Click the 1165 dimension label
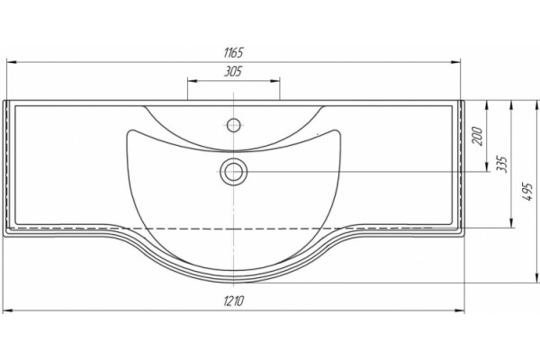[233, 53]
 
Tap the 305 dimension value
[233, 72]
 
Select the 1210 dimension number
[234, 301]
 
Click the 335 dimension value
[502, 165]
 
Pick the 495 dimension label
[527, 193]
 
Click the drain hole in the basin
[234, 172]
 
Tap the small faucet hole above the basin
[234, 124]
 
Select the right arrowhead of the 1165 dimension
[455, 62]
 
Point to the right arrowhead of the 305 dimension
[274, 81]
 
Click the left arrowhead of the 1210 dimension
[7, 310]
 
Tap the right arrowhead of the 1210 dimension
[460, 310]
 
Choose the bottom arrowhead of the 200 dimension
[487, 166]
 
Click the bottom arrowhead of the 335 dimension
[511, 223]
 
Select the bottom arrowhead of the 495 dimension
[536, 278]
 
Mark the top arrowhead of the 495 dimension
[536, 105]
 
